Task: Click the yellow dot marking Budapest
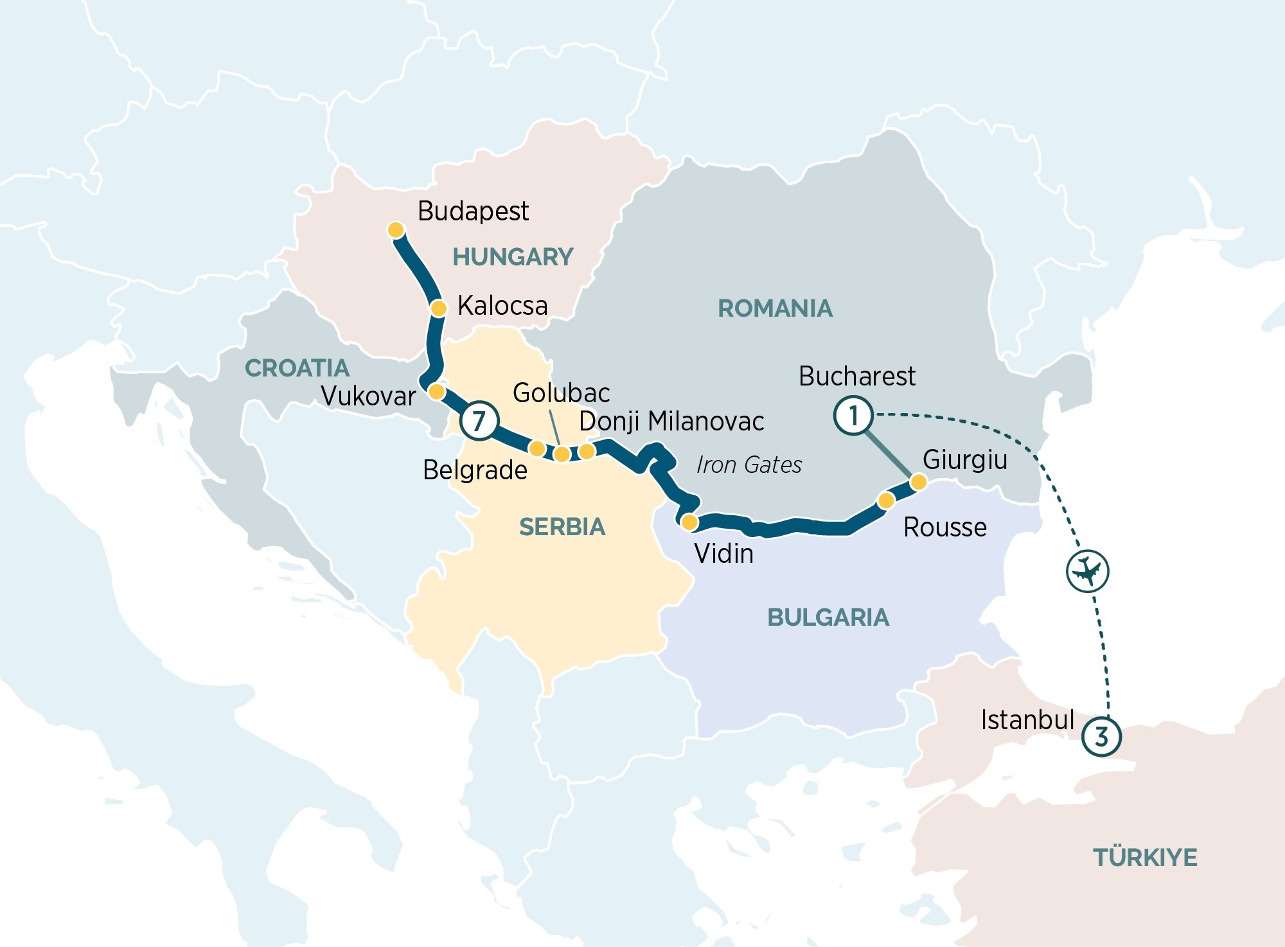click(396, 230)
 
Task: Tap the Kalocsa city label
click(502, 305)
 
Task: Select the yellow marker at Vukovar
click(436, 391)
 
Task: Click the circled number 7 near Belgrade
click(479, 421)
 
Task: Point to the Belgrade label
click(475, 470)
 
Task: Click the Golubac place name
click(561, 393)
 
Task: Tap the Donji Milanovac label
click(671, 421)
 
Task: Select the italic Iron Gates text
click(749, 465)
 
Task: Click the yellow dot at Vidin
click(689, 522)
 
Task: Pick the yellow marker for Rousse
click(886, 500)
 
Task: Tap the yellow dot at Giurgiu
click(918, 482)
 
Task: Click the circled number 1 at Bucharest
click(853, 416)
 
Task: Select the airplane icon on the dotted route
click(1087, 571)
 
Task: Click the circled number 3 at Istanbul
click(1101, 736)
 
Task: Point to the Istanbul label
click(1027, 720)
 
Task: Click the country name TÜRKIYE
click(1145, 858)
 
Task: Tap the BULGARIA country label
click(828, 617)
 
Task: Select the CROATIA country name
click(297, 368)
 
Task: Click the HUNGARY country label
click(513, 257)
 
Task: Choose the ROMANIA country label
click(775, 308)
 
